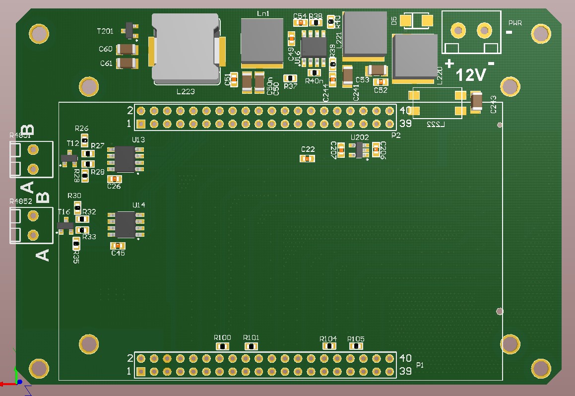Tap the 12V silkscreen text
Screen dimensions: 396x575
[470, 75]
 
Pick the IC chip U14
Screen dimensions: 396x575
[126, 224]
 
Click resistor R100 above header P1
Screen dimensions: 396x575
[223, 346]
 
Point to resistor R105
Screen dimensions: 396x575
[356, 346]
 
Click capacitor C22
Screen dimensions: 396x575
[308, 158]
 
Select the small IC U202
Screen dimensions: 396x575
[359, 150]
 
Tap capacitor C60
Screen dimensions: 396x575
[127, 49]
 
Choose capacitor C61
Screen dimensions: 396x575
[127, 63]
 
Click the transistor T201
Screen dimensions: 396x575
[131, 30]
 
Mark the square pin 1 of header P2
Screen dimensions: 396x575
[141, 124]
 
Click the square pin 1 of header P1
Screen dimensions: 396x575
[141, 371]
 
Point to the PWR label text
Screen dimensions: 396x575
[514, 22]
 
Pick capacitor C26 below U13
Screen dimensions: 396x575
[115, 179]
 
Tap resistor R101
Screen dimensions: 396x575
[252, 346]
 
